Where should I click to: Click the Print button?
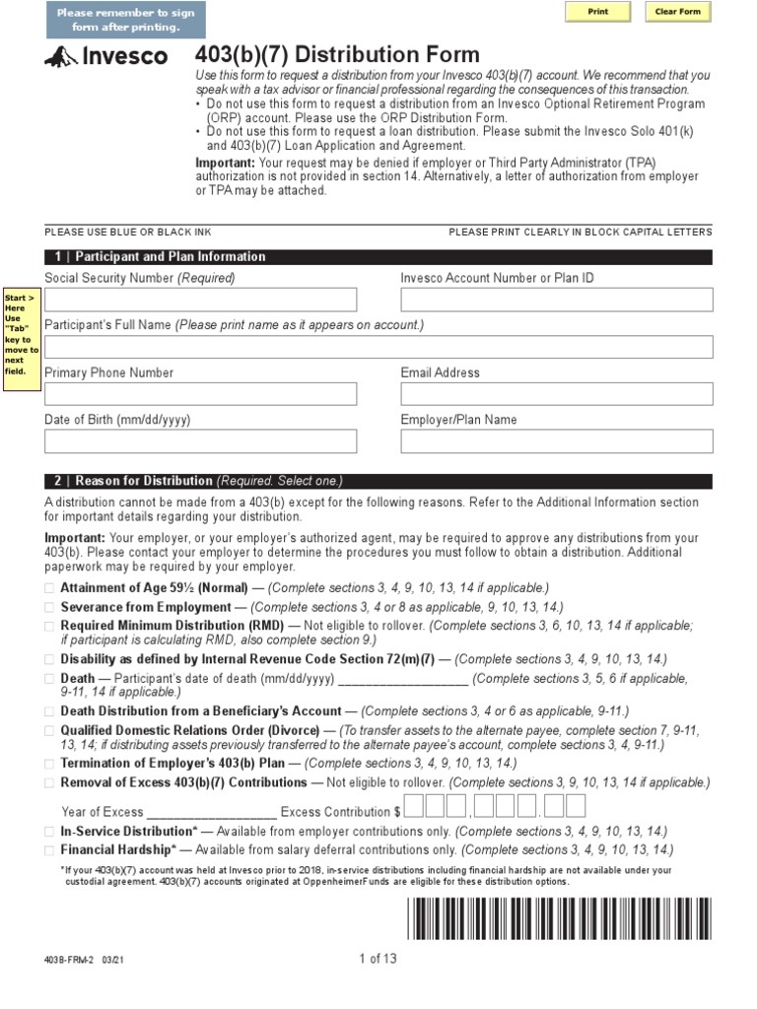coord(597,12)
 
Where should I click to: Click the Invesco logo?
coord(106,58)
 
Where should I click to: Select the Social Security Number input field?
coord(200,300)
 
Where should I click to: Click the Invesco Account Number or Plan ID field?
coord(556,300)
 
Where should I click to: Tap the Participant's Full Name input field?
coord(378,347)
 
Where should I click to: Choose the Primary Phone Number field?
coord(200,394)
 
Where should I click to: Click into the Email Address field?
coord(556,394)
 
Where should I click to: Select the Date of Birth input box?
coord(200,441)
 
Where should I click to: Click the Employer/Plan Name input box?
coord(556,441)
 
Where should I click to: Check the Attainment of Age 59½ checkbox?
coord(50,588)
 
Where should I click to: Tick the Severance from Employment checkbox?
coord(50,607)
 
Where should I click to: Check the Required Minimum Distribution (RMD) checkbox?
coord(50,626)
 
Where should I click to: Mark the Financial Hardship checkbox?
coord(50,849)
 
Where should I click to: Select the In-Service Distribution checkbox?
coord(50,832)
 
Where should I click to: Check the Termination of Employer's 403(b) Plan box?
coord(50,764)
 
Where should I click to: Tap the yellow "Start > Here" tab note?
coord(21,334)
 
